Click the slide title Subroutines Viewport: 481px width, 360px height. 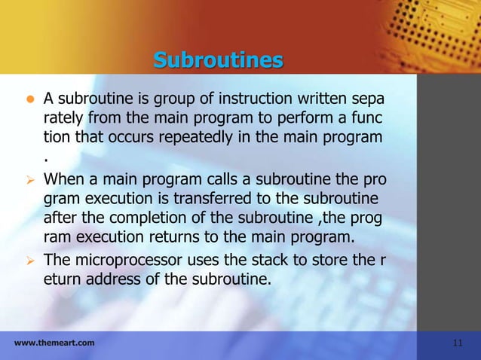click(218, 59)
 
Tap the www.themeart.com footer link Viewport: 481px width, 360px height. click(54, 343)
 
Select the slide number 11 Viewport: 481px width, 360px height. click(458, 343)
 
